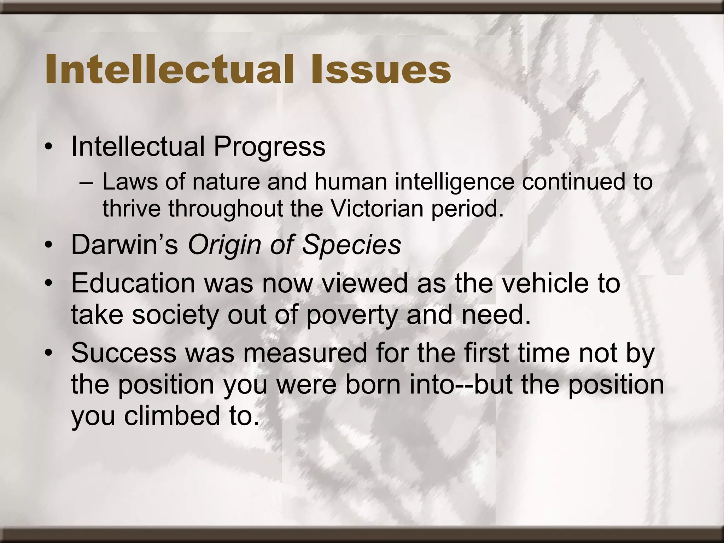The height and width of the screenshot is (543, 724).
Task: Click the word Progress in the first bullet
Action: click(x=269, y=147)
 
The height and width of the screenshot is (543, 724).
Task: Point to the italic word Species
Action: click(x=352, y=245)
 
